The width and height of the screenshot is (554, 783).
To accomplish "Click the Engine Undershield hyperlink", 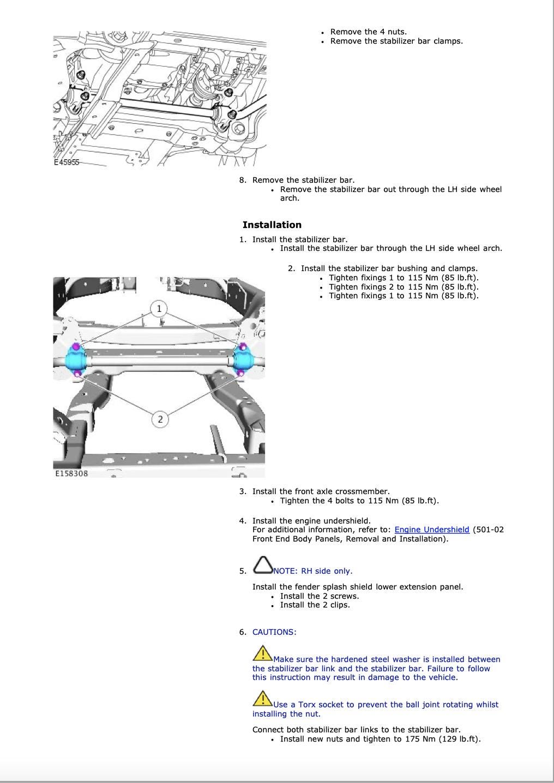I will point(431,529).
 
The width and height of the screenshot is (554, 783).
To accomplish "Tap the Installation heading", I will point(272,225).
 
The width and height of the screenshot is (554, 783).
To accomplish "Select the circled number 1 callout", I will point(159,309).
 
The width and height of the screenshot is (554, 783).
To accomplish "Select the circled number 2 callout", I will point(160,419).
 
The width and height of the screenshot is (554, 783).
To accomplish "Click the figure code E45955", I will point(67,162).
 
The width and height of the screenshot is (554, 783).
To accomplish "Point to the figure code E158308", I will point(71,473).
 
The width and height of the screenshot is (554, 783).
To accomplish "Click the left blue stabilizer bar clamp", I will point(76,360).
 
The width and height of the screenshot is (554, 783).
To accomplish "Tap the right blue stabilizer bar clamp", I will point(243,360).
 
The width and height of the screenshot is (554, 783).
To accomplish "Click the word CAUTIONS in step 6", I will point(274,632).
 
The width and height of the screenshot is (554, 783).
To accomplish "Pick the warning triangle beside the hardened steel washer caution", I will point(262,653).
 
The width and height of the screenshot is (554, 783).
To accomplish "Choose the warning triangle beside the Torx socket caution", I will point(262,698).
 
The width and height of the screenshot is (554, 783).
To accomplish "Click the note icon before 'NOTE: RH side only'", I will point(263,565).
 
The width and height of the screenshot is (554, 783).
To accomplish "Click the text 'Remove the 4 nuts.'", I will point(368,32).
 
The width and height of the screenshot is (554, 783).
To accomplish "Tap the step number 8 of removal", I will point(243,180).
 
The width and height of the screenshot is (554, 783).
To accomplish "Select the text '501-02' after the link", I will point(490,529).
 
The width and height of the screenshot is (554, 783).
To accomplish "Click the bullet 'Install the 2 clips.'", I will point(315,605).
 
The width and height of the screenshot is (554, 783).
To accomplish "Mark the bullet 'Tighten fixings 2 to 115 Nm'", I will point(403,287).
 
